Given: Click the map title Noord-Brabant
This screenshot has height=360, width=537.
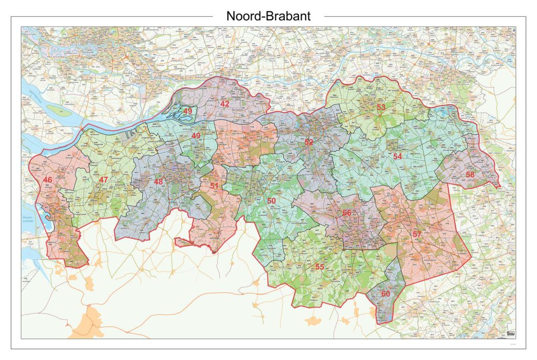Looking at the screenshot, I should (268, 16).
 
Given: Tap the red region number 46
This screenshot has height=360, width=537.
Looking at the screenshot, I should (48, 180).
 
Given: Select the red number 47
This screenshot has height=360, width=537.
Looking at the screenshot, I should (103, 180).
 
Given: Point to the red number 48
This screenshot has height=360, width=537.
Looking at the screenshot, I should (158, 182).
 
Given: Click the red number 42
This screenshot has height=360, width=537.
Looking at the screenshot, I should (224, 104).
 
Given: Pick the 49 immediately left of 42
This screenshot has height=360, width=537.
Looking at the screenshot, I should (187, 111).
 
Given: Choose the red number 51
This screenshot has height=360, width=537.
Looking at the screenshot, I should (214, 186).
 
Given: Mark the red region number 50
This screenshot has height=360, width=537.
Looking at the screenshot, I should (271, 201).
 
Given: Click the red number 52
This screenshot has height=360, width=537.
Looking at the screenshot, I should (309, 142).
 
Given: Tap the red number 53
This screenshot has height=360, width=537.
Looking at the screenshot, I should (381, 107).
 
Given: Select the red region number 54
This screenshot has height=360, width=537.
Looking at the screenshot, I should (398, 156).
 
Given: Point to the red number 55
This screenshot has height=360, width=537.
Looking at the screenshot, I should (319, 267).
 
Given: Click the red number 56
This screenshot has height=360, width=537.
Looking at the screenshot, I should (347, 213).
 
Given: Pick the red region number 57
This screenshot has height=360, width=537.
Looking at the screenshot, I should (417, 234).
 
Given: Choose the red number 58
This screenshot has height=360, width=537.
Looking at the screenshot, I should (470, 174).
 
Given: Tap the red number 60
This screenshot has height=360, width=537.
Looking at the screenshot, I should (385, 293).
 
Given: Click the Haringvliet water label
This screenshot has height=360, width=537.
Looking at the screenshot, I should (28, 100).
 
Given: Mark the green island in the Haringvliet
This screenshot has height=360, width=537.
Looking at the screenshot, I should (58, 111).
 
